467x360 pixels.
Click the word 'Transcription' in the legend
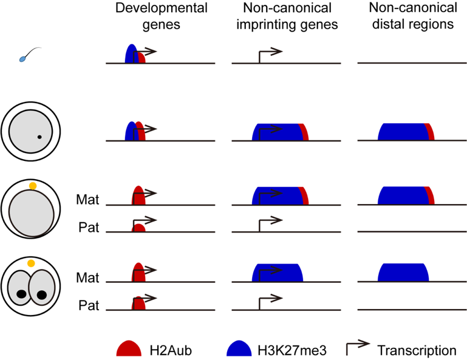point(416,350)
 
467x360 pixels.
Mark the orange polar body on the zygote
point(33,185)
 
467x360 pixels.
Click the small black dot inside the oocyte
point(39,137)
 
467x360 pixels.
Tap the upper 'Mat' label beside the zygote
point(87,198)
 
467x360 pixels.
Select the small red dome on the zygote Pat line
point(138,228)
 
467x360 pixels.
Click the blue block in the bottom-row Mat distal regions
point(401,273)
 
